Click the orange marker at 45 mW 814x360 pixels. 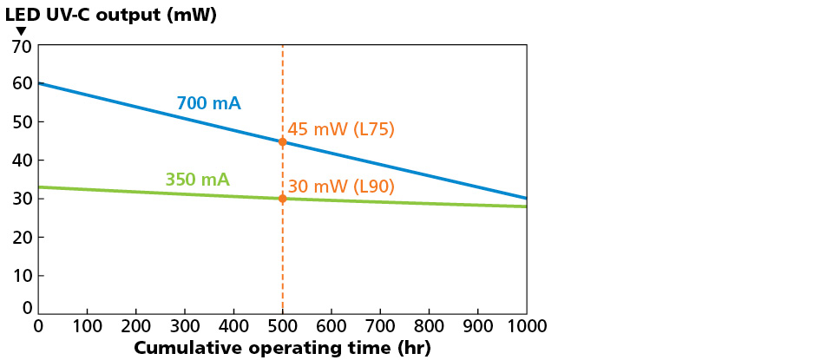pyautogui.click(x=282, y=141)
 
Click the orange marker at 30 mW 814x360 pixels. pyautogui.click(x=282, y=199)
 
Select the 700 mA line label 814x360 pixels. pyautogui.click(x=208, y=103)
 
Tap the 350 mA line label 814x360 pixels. pyautogui.click(x=197, y=180)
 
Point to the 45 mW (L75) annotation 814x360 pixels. pyautogui.click(x=341, y=129)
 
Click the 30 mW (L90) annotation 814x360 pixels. pyautogui.click(x=341, y=186)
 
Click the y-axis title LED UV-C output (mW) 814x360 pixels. pyautogui.click(x=111, y=14)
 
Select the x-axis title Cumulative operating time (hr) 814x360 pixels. pyautogui.click(x=282, y=348)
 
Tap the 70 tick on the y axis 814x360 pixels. pyautogui.click(x=22, y=46)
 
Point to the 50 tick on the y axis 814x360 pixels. pyautogui.click(x=22, y=122)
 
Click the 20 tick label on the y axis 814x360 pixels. pyautogui.click(x=22, y=237)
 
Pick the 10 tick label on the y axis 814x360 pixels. pyautogui.click(x=22, y=275)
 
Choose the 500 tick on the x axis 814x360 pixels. pyautogui.click(x=282, y=326)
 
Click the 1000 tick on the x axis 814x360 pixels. pyautogui.click(x=527, y=326)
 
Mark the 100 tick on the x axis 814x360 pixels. pyautogui.click(x=87, y=326)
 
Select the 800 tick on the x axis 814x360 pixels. pyautogui.click(x=429, y=326)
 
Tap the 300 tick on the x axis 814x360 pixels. pyautogui.click(x=185, y=326)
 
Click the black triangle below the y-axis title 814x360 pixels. pyautogui.click(x=22, y=31)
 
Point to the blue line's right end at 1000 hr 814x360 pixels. pyautogui.click(x=526, y=198)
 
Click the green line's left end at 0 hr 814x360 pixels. pyautogui.click(x=40, y=187)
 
